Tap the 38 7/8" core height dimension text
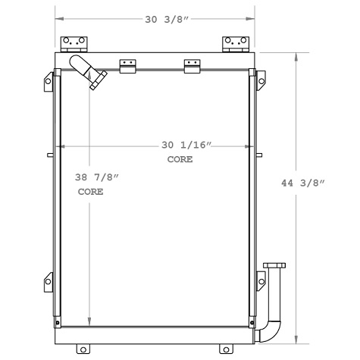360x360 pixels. pyautogui.click(x=98, y=177)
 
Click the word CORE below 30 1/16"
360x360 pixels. pyautogui.click(x=180, y=160)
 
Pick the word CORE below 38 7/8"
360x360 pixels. pyautogui.click(x=90, y=193)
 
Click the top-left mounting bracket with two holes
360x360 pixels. pyautogui.click(x=73, y=43)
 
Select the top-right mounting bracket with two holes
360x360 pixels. pyautogui.click(x=233, y=43)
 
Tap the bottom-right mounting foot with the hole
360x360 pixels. pyautogui.click(x=224, y=349)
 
